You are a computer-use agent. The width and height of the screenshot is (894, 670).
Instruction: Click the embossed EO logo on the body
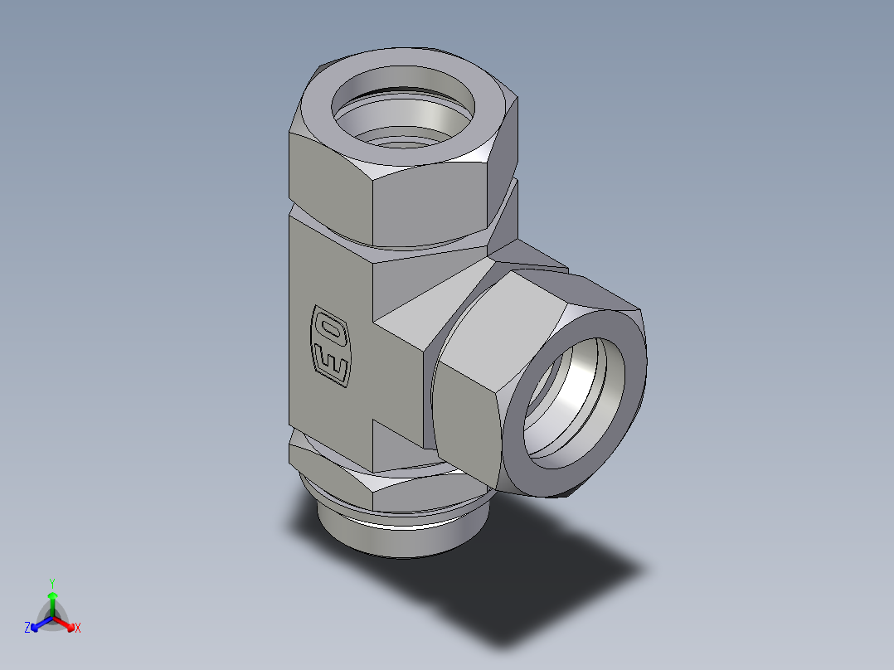(x=331, y=346)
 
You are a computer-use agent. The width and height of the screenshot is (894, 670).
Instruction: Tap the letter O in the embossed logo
(x=332, y=329)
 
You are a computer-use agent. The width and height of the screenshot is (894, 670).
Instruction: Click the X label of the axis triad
(x=78, y=629)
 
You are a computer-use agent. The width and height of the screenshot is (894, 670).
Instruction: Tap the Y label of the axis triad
(x=52, y=583)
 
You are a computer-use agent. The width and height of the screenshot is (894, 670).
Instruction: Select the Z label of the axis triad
(x=27, y=629)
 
